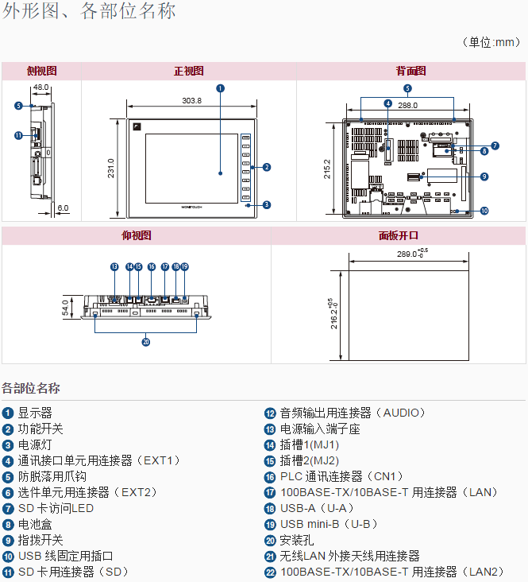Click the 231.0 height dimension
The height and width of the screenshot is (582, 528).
(111, 169)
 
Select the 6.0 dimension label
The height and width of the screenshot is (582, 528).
(63, 208)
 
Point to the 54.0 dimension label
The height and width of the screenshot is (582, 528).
(66, 307)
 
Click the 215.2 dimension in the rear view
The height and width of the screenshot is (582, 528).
(327, 169)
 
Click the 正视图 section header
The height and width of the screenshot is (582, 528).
(189, 71)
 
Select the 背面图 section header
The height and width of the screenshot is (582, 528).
(410, 71)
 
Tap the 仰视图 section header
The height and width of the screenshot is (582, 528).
(136, 235)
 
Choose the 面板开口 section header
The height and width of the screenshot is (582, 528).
(398, 235)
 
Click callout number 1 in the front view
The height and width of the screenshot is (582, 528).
(220, 88)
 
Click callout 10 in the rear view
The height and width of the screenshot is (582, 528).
(484, 211)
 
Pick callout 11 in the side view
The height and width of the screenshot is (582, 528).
(18, 135)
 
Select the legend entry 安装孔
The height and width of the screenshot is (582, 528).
(292, 540)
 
